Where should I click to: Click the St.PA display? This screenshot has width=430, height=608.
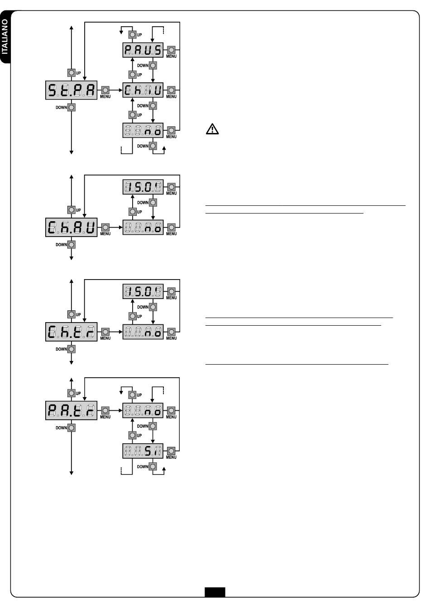(x=71, y=90)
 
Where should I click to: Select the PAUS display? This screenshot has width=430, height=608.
(x=143, y=50)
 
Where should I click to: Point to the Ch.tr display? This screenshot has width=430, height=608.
(x=71, y=332)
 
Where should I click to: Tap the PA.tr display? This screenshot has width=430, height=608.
(x=71, y=410)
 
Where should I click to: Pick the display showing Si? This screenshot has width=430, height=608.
(x=143, y=451)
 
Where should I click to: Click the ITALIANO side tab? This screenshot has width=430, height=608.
(x=5, y=37)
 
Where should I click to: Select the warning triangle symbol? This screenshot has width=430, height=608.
(x=212, y=129)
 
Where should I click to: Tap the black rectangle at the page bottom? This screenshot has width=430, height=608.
(x=215, y=592)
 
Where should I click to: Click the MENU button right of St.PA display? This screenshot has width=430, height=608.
(x=105, y=90)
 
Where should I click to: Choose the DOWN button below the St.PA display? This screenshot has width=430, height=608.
(x=72, y=108)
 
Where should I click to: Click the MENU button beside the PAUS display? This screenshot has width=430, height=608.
(x=171, y=50)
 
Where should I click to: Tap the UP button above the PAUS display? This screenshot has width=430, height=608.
(x=133, y=35)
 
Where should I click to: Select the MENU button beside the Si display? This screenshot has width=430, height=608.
(x=171, y=451)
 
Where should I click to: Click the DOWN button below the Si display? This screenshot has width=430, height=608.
(x=153, y=466)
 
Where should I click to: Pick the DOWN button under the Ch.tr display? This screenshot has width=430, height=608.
(x=72, y=349)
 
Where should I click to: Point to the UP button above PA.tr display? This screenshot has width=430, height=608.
(x=72, y=393)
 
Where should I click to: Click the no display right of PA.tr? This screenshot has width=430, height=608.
(x=143, y=410)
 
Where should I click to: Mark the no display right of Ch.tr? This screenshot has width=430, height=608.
(x=143, y=332)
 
